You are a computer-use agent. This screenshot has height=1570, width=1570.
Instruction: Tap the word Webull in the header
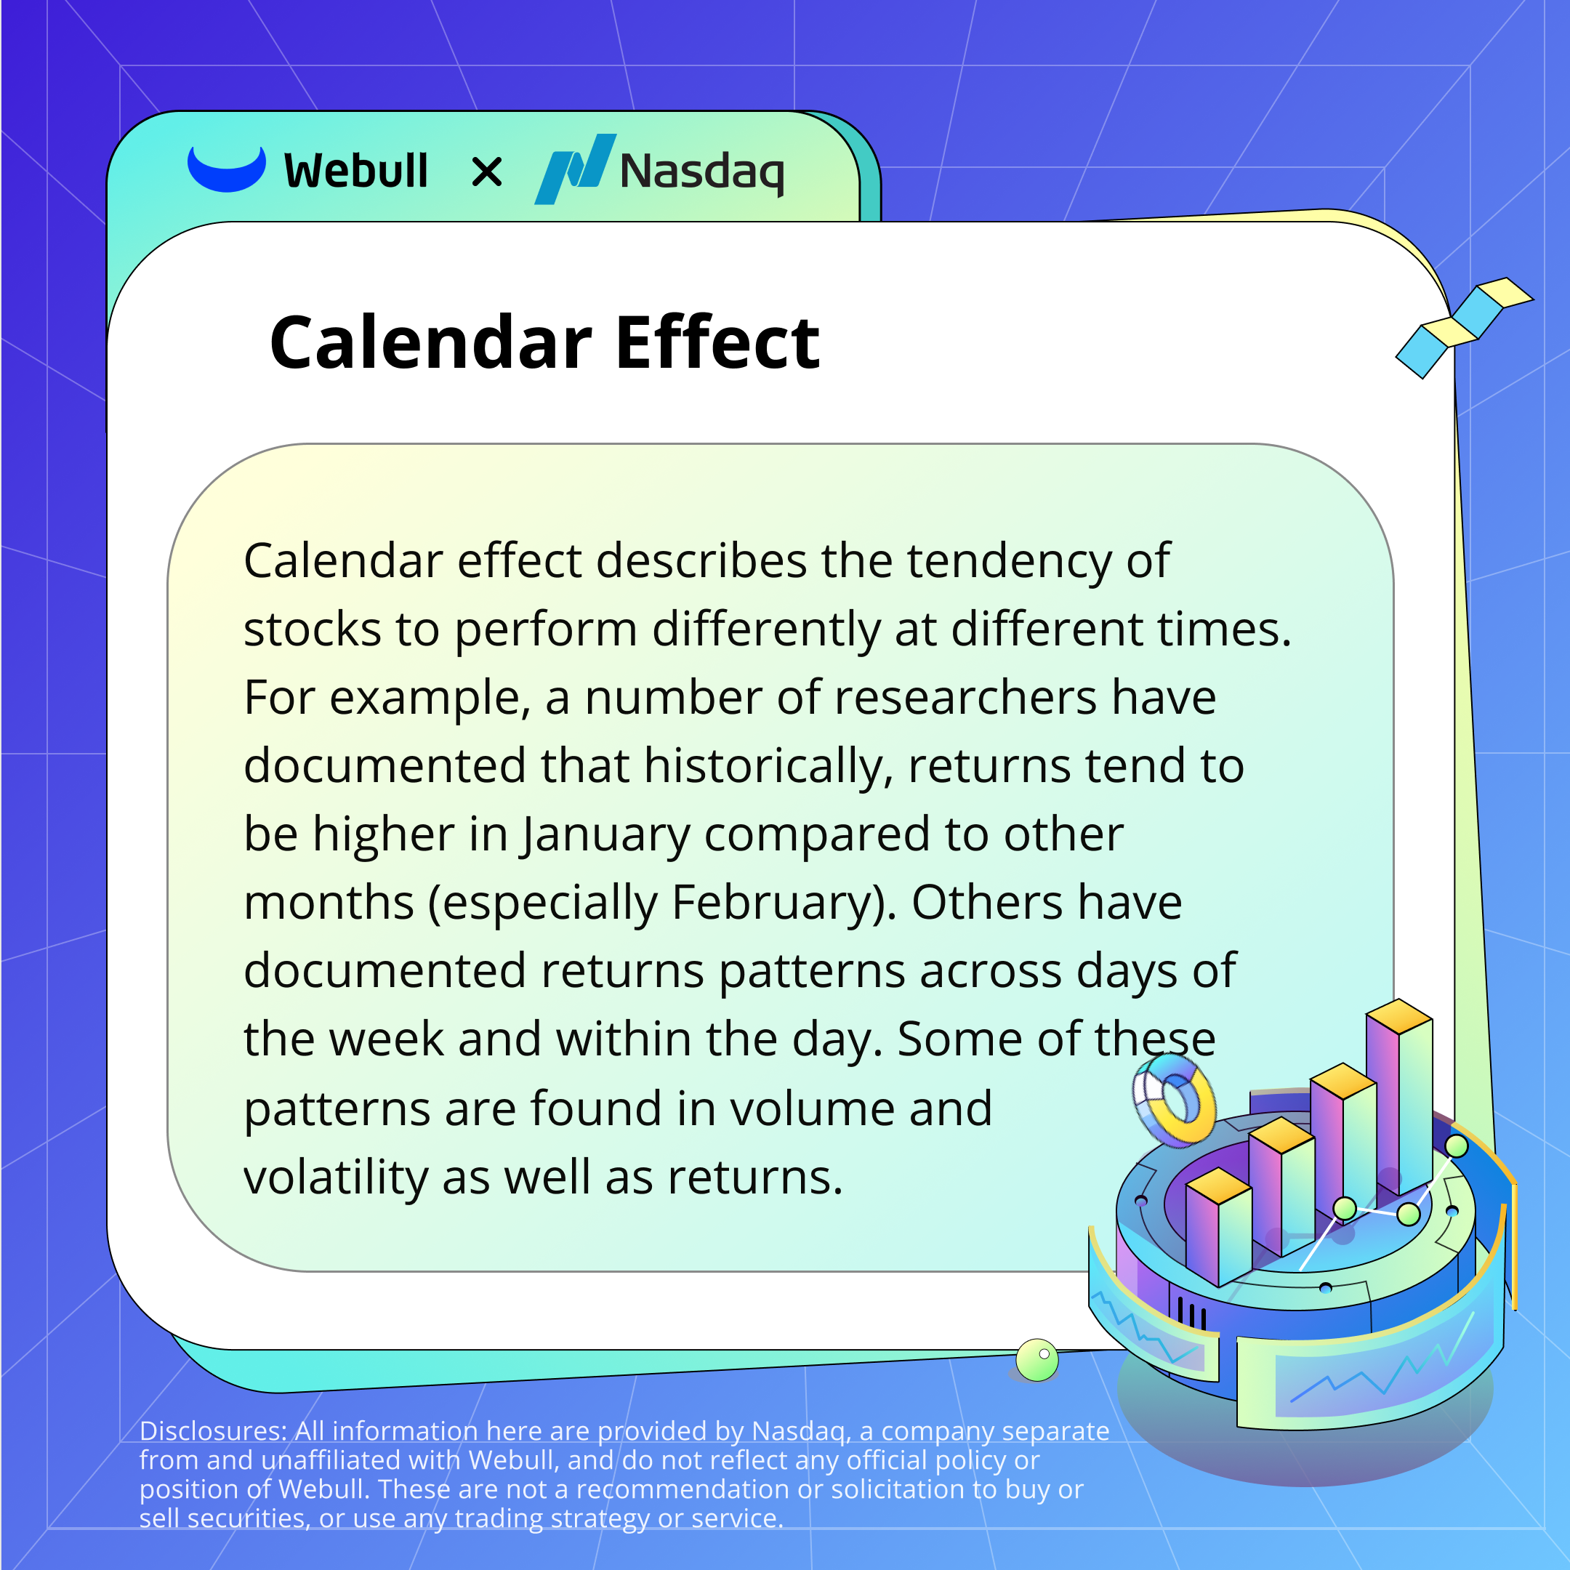[356, 172]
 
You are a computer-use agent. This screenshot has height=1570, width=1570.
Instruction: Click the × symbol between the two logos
[487, 172]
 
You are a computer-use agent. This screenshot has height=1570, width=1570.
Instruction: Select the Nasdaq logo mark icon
[576, 169]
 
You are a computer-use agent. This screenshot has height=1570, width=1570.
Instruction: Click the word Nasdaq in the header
[702, 172]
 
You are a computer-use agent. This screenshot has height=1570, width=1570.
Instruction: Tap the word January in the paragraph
[605, 836]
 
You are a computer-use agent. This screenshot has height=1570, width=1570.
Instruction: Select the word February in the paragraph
[784, 904]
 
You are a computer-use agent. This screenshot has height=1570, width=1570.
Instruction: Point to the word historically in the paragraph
[769, 767]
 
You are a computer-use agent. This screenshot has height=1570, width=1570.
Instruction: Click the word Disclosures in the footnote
[213, 1431]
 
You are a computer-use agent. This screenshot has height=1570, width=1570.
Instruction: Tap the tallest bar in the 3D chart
[1398, 1097]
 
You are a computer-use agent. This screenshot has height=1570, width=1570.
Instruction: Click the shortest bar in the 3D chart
[1218, 1227]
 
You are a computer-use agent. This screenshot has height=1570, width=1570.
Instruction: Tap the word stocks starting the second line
[313, 629]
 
